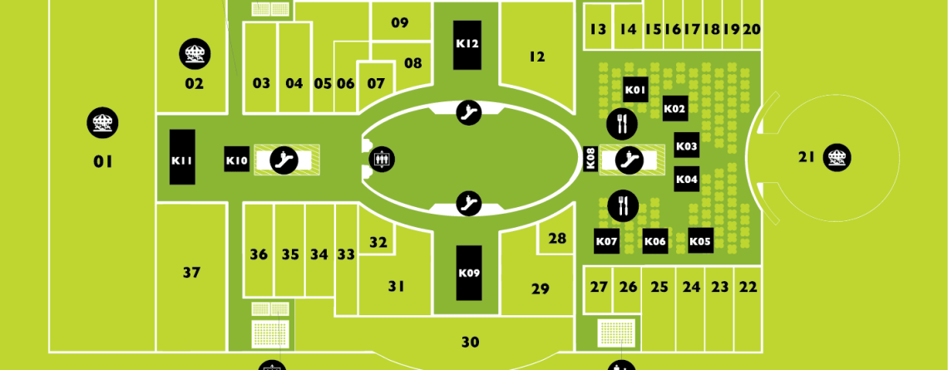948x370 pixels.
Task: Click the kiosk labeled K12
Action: coord(467,45)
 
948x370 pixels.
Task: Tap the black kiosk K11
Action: coord(182,156)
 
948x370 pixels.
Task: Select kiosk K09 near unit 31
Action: coord(469,273)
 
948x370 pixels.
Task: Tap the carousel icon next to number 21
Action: coord(837,158)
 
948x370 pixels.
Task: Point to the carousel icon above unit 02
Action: coord(194,54)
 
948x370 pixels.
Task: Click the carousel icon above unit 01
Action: coord(102,123)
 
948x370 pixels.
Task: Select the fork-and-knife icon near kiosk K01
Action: coord(622,123)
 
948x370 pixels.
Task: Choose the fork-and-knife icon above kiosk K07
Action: coord(623,205)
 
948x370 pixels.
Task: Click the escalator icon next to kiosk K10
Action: coord(284,160)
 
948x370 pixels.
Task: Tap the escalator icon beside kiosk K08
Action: coord(630,160)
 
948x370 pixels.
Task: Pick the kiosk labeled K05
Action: coord(701,241)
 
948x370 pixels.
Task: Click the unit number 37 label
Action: coord(191,273)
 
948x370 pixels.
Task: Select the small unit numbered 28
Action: coord(557,238)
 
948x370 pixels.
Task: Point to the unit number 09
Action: coord(400,23)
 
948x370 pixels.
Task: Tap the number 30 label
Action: coord(471,343)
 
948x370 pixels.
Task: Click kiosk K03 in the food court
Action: coord(687,146)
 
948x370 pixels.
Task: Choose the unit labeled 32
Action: coord(378,243)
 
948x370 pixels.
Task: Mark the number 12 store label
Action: coord(537,57)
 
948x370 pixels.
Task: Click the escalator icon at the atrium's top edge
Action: coord(468,112)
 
